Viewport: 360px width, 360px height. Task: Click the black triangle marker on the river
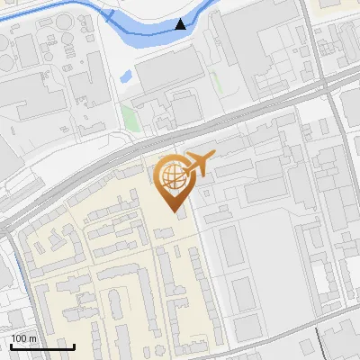[182, 24]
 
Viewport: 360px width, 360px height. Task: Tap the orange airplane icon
[199, 165]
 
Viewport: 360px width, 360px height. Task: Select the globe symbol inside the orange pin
[170, 175]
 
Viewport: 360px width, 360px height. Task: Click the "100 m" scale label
[23, 337]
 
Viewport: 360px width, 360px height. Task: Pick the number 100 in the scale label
[19, 337]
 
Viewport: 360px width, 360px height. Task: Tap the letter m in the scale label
[32, 337]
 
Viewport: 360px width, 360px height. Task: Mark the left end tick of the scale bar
[11, 345]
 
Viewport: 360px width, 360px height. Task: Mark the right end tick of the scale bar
[74, 345]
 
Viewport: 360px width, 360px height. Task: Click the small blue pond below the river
[125, 76]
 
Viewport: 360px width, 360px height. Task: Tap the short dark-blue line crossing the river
[109, 17]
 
